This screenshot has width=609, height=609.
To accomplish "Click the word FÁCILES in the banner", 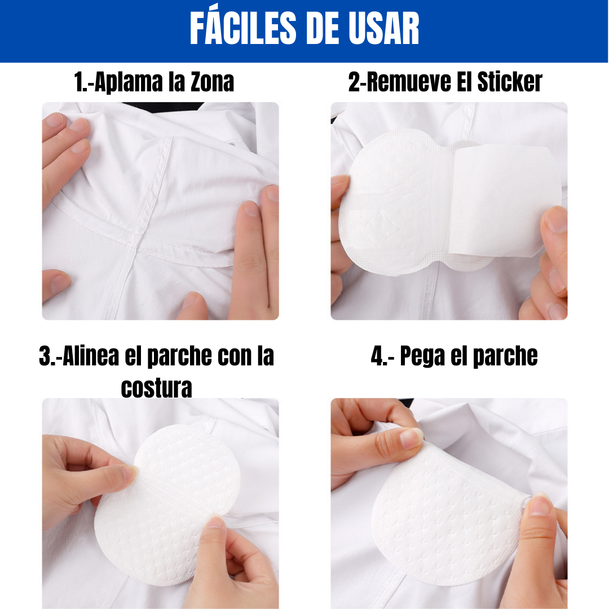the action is click(243, 28).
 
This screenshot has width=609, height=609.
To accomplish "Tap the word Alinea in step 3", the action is click(91, 356).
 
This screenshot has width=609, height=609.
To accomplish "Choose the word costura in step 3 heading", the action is click(157, 387).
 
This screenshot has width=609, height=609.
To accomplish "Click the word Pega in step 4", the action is click(422, 356).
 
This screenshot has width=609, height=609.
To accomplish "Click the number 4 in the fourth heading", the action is click(377, 356).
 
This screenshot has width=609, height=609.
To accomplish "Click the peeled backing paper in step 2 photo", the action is click(505, 200).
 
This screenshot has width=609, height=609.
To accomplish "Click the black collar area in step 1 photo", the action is click(163, 107).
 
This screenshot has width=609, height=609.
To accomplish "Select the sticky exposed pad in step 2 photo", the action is click(392, 202).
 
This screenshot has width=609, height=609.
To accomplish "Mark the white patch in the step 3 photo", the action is click(167, 505).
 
